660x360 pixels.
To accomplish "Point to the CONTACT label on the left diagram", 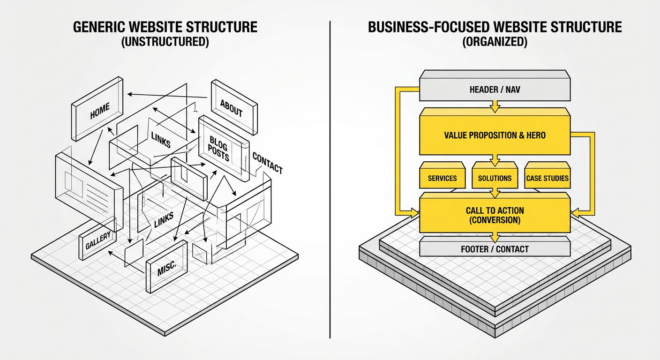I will (x=268, y=163).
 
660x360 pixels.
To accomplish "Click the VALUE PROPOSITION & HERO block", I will (x=494, y=135).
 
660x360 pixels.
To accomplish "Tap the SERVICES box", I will (x=442, y=178).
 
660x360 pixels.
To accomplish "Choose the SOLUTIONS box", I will (x=495, y=178).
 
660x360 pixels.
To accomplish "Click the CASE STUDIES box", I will (x=547, y=178).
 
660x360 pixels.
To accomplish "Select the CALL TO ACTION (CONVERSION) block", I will (x=495, y=215).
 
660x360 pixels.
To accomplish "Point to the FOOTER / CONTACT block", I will (x=495, y=249).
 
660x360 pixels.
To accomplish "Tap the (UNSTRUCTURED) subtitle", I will (x=165, y=42).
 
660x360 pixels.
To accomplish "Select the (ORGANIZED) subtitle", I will (x=495, y=42).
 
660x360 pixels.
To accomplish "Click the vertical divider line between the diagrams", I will (x=330, y=178).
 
